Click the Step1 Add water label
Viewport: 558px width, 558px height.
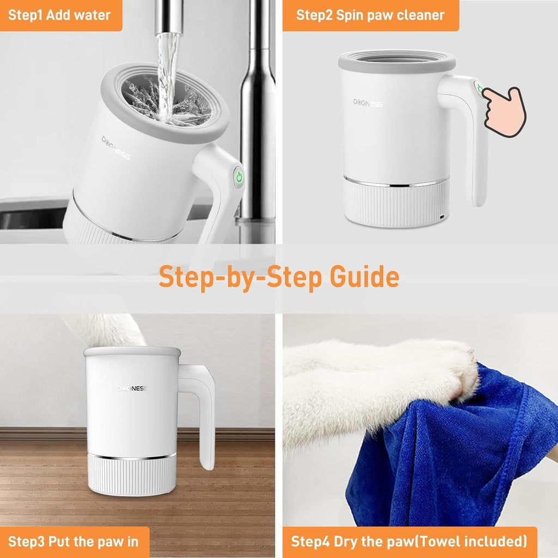59,15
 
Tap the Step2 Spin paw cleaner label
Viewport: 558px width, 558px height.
370,15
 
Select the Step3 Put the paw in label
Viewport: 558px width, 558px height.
74,542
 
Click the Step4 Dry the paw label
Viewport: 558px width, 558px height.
409,542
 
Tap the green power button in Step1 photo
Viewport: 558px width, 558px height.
238,176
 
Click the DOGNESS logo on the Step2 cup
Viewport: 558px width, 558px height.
367,102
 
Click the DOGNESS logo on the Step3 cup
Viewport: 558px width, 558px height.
131,389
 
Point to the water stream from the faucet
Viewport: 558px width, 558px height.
167,65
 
